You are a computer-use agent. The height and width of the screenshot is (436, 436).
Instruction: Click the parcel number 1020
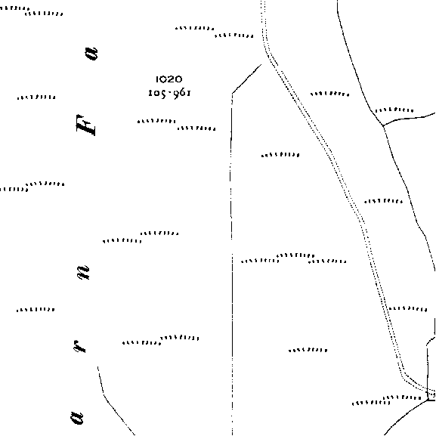(x=169, y=79)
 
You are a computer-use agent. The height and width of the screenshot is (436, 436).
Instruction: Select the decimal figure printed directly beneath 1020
(x=169, y=93)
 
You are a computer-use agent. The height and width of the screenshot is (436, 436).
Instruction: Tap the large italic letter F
(x=86, y=125)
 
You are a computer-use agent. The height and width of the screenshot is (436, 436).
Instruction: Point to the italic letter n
(x=83, y=273)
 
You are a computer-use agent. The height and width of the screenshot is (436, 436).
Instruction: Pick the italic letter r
(x=80, y=346)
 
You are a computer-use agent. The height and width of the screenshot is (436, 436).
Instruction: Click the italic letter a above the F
(x=91, y=54)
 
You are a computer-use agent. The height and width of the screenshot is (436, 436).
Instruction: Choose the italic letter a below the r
(x=76, y=418)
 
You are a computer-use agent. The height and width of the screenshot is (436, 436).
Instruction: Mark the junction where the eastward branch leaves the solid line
(x=383, y=125)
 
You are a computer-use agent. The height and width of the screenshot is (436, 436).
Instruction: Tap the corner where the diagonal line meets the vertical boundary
(x=232, y=94)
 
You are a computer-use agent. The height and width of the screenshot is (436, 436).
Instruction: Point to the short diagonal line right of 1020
(x=246, y=79)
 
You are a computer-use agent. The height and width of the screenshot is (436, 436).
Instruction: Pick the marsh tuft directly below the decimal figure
(x=156, y=121)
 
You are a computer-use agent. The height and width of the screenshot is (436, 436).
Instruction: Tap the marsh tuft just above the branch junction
(x=394, y=110)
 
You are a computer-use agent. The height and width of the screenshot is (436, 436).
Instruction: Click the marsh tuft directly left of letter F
(x=36, y=97)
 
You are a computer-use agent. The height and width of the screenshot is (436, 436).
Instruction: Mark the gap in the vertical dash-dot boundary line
(x=232, y=246)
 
